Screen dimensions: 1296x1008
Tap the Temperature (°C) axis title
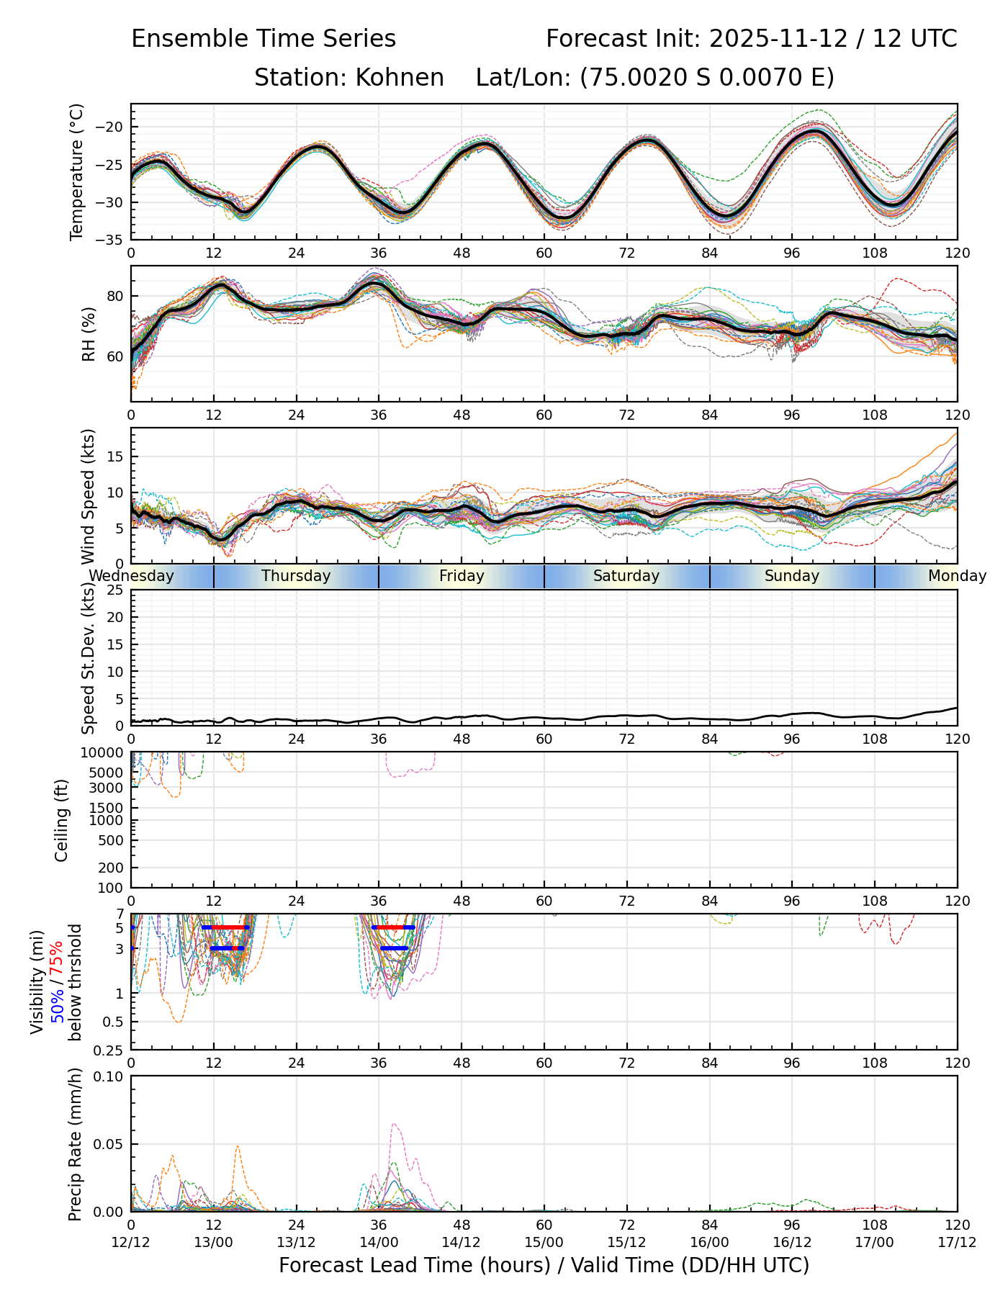click(76, 172)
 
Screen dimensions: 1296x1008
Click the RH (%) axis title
click(89, 334)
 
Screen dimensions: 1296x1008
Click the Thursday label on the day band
click(296, 576)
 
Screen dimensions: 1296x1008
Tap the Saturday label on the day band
click(626, 576)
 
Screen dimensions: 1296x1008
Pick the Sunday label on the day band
click(792, 576)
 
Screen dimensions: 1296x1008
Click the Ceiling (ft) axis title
click(62, 820)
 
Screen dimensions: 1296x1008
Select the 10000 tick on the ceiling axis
click(105, 753)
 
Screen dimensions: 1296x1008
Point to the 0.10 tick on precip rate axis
click(110, 1076)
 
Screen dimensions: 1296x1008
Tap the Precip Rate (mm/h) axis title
click(75, 1144)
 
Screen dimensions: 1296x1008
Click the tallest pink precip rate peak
click(393, 1124)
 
